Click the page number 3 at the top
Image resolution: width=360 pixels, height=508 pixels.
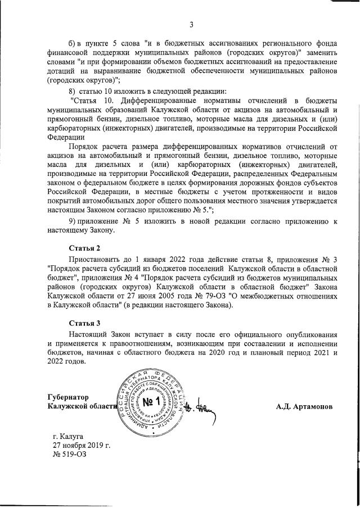pos(191,24)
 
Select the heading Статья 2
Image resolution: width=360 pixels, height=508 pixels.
pos(84,247)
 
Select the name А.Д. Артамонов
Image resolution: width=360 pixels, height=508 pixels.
pos(304,406)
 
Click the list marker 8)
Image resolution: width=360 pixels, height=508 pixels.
pos(72,91)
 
